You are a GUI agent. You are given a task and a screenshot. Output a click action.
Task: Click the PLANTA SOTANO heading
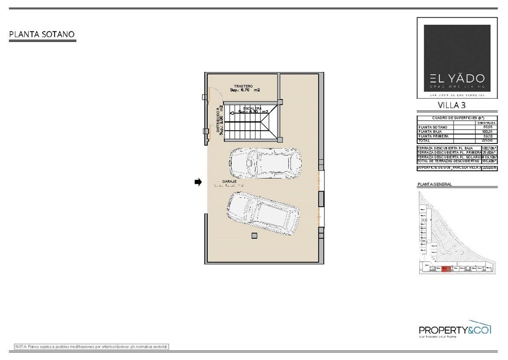click(x=42, y=34)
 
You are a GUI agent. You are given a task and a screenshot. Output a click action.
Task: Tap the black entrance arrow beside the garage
click(x=198, y=182)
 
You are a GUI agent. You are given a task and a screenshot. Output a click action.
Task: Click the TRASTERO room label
click(x=244, y=86)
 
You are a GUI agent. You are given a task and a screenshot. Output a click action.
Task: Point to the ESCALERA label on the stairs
click(x=253, y=108)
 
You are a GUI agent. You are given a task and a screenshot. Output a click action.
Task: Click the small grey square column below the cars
click(x=254, y=235)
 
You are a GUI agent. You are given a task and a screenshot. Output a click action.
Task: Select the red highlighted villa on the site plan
click(x=445, y=269)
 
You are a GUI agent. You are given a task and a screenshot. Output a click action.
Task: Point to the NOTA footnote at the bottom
click(x=92, y=346)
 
